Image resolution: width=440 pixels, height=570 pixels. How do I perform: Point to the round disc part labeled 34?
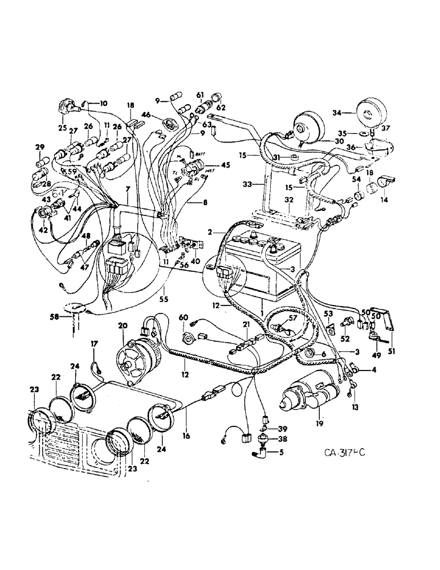(x=366, y=115)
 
